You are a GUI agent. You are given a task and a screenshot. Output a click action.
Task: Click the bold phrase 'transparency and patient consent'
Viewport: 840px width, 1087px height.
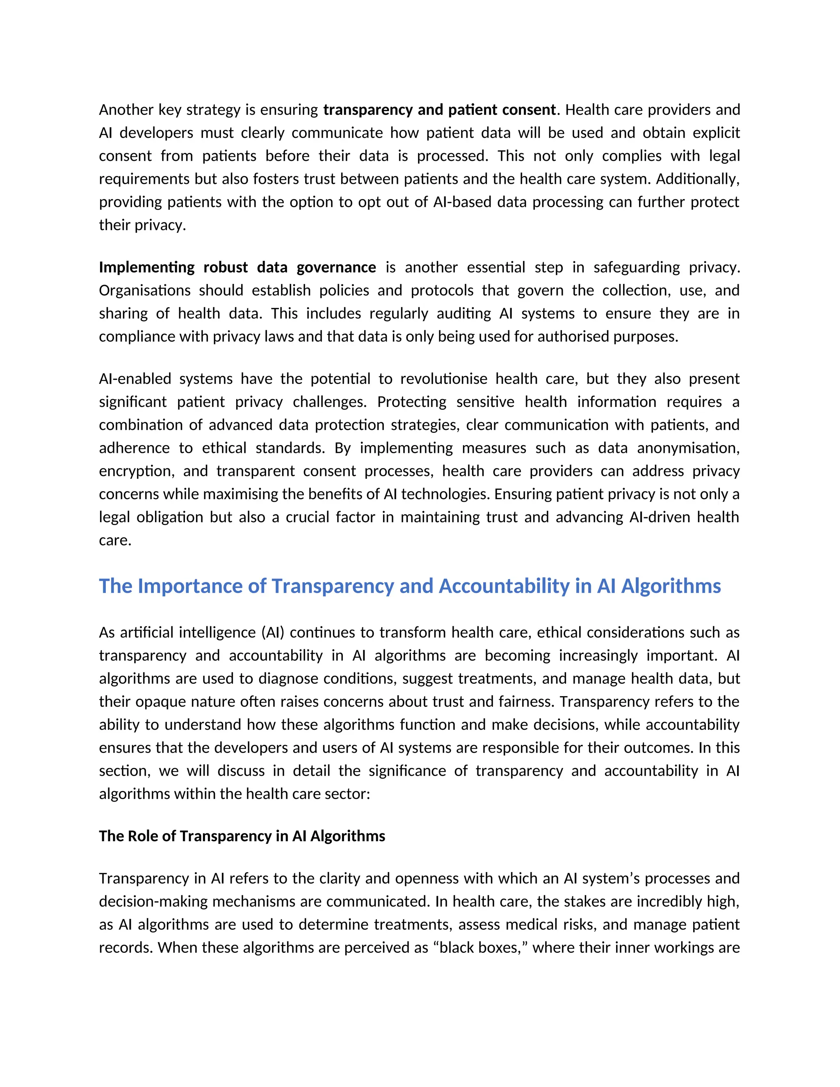coord(439,110)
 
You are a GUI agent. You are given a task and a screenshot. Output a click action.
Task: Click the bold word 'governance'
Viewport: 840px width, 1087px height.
coord(336,267)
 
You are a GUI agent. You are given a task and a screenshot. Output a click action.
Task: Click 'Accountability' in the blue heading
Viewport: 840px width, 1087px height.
coord(504,586)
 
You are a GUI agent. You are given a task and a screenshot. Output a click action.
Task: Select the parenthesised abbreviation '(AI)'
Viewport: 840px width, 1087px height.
coord(273,633)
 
